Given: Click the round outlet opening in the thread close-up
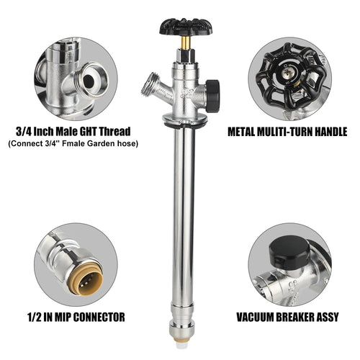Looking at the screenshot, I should click(90, 79).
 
